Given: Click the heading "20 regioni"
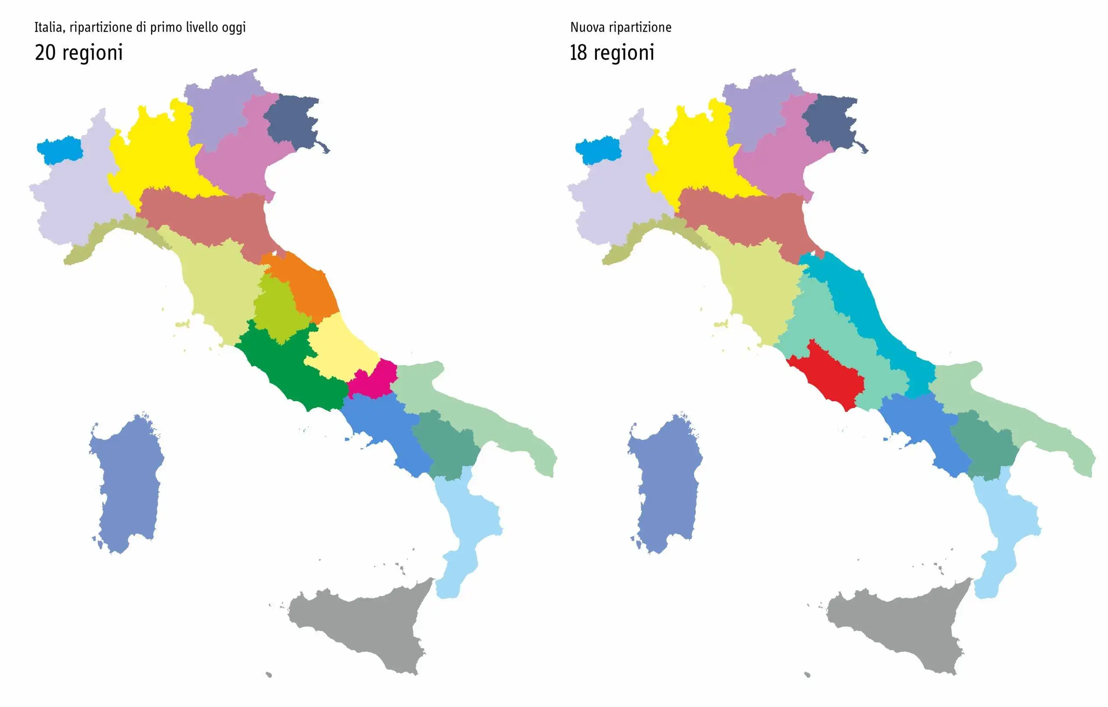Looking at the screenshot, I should (79, 52).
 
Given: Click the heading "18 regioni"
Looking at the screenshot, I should (612, 52).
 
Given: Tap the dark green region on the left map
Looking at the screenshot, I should (285, 368).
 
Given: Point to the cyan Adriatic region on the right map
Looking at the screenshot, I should (874, 322).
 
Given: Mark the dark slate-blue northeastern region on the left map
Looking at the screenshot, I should (292, 122).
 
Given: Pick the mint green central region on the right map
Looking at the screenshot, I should (828, 322).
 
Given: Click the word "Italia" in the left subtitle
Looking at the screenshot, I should (48, 28).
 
